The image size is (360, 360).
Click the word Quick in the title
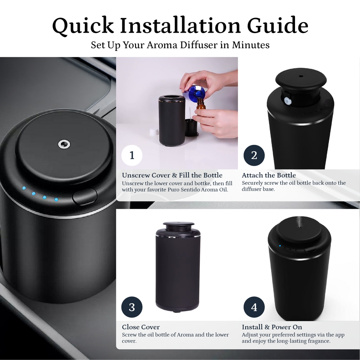(x=83, y=25)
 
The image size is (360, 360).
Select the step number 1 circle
(x=132, y=155)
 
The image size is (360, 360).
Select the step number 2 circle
(x=254, y=155)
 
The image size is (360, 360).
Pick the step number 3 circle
(x=132, y=307)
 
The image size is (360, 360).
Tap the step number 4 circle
(x=254, y=307)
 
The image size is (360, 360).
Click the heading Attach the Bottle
(x=269, y=175)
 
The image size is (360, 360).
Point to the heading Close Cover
(x=141, y=327)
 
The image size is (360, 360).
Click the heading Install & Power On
(x=272, y=327)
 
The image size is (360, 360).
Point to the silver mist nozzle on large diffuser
(x=64, y=144)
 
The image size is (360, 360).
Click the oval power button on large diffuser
(x=85, y=197)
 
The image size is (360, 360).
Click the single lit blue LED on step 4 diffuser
(x=280, y=246)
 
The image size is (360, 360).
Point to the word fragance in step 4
(x=319, y=341)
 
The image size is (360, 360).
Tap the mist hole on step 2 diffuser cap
(x=301, y=76)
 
